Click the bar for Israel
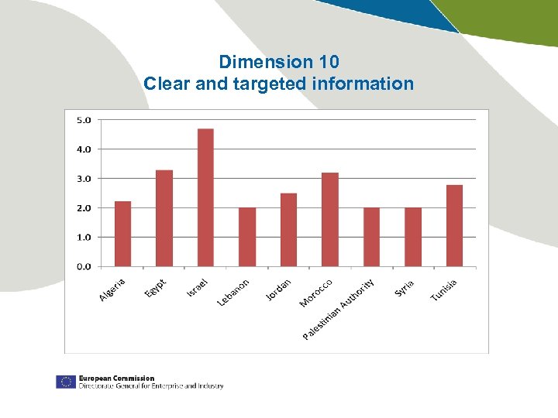click(205, 197)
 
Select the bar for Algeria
click(122, 234)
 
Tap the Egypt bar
click(164, 218)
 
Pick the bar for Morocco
click(329, 220)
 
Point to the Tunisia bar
click(454, 225)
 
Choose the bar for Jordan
click(288, 230)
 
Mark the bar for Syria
click(413, 237)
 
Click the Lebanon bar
click(247, 237)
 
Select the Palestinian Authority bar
click(371, 237)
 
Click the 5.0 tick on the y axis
click(83, 120)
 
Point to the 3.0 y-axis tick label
click(83, 178)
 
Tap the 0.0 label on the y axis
click(83, 266)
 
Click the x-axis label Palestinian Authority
click(339, 310)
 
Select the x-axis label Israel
click(197, 287)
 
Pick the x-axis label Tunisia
click(443, 290)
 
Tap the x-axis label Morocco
click(316, 293)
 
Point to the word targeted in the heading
click(270, 84)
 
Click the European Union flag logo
click(65, 382)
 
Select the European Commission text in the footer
click(116, 379)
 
